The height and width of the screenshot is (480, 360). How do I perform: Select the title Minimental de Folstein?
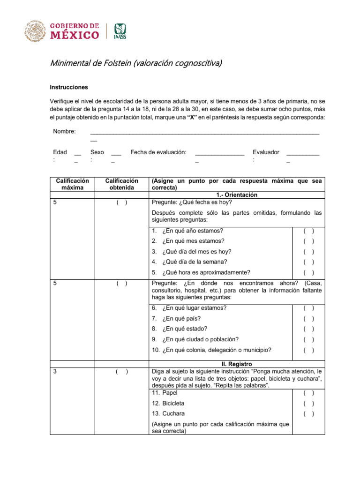coord(136,63)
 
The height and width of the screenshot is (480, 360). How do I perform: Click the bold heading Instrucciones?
coord(69,87)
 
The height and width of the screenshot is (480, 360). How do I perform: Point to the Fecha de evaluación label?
coord(158,152)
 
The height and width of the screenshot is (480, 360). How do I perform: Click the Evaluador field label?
coord(266,152)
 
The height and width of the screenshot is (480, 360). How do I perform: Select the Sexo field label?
coord(97,152)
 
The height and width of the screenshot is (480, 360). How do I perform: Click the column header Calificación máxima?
coord(72,184)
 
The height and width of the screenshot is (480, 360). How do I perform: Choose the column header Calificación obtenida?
coord(122,184)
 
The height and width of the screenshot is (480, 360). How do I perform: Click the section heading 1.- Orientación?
coord(237,195)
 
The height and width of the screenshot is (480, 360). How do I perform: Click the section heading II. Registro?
coord(237,364)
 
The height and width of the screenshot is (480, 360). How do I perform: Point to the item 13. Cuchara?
coord(168,413)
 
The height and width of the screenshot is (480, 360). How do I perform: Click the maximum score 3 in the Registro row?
coord(55,372)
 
